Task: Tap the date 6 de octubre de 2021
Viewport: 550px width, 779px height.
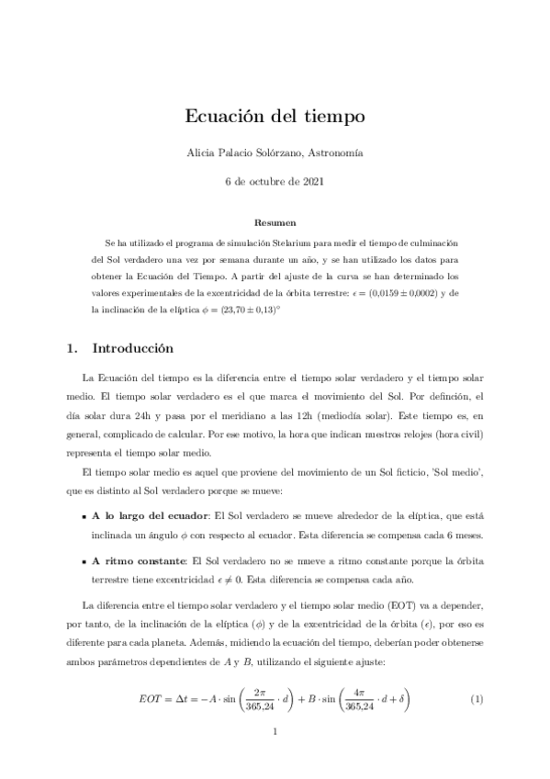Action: (275, 181)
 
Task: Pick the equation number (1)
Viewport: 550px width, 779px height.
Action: (477, 700)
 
